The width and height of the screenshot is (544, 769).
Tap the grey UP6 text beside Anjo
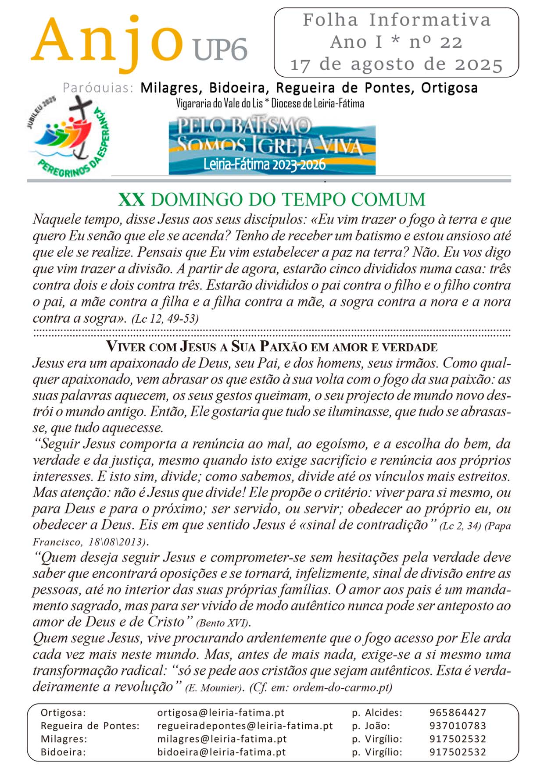(220, 49)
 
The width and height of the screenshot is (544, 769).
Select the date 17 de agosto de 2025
(396, 64)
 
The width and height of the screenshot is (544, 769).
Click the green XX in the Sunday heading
(131, 199)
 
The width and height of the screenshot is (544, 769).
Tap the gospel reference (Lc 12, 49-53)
(165, 319)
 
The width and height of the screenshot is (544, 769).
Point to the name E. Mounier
(214, 687)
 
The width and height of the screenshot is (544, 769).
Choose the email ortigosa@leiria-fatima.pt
(221, 713)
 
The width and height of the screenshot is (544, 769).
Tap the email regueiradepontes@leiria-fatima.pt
(245, 726)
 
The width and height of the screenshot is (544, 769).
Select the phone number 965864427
(458, 713)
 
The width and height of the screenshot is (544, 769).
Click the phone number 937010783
(458, 726)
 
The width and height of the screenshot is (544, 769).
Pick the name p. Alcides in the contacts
(377, 713)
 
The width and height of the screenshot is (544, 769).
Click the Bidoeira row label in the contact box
(63, 752)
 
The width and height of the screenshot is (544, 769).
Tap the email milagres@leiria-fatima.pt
(222, 739)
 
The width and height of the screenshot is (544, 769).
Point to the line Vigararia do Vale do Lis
(270, 103)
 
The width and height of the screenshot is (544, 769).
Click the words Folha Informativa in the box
(396, 20)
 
